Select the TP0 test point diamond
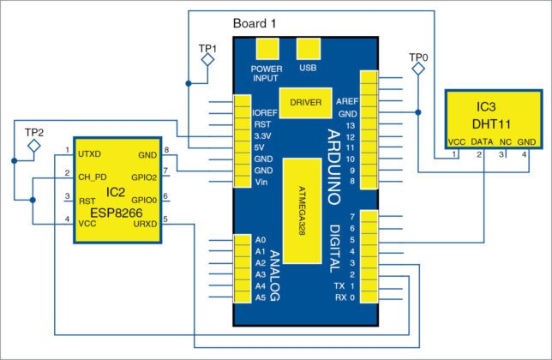(417, 71)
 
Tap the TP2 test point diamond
(33, 147)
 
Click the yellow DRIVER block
(306, 103)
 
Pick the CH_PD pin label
(92, 177)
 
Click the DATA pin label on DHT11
(482, 142)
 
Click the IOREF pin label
(265, 112)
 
